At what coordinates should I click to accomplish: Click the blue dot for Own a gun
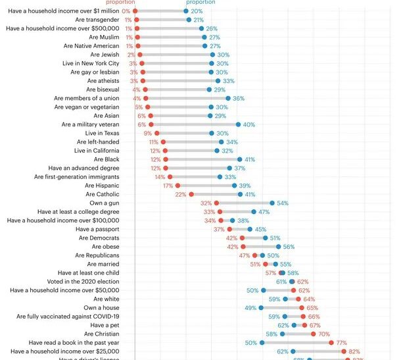click(272, 203)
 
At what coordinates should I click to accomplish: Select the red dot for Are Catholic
click(191, 194)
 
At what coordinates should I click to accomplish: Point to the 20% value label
click(197, 11)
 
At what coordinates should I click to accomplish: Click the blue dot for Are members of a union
click(228, 98)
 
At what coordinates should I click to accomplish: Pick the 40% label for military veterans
click(249, 124)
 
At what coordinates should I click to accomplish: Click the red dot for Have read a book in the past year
click(331, 343)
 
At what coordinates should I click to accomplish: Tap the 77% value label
click(342, 343)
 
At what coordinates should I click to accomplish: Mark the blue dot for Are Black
click(239, 159)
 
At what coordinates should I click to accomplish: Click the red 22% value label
click(180, 194)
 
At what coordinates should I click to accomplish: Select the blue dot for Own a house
click(261, 307)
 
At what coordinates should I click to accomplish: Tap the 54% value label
click(283, 203)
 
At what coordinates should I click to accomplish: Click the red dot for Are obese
click(243, 247)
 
